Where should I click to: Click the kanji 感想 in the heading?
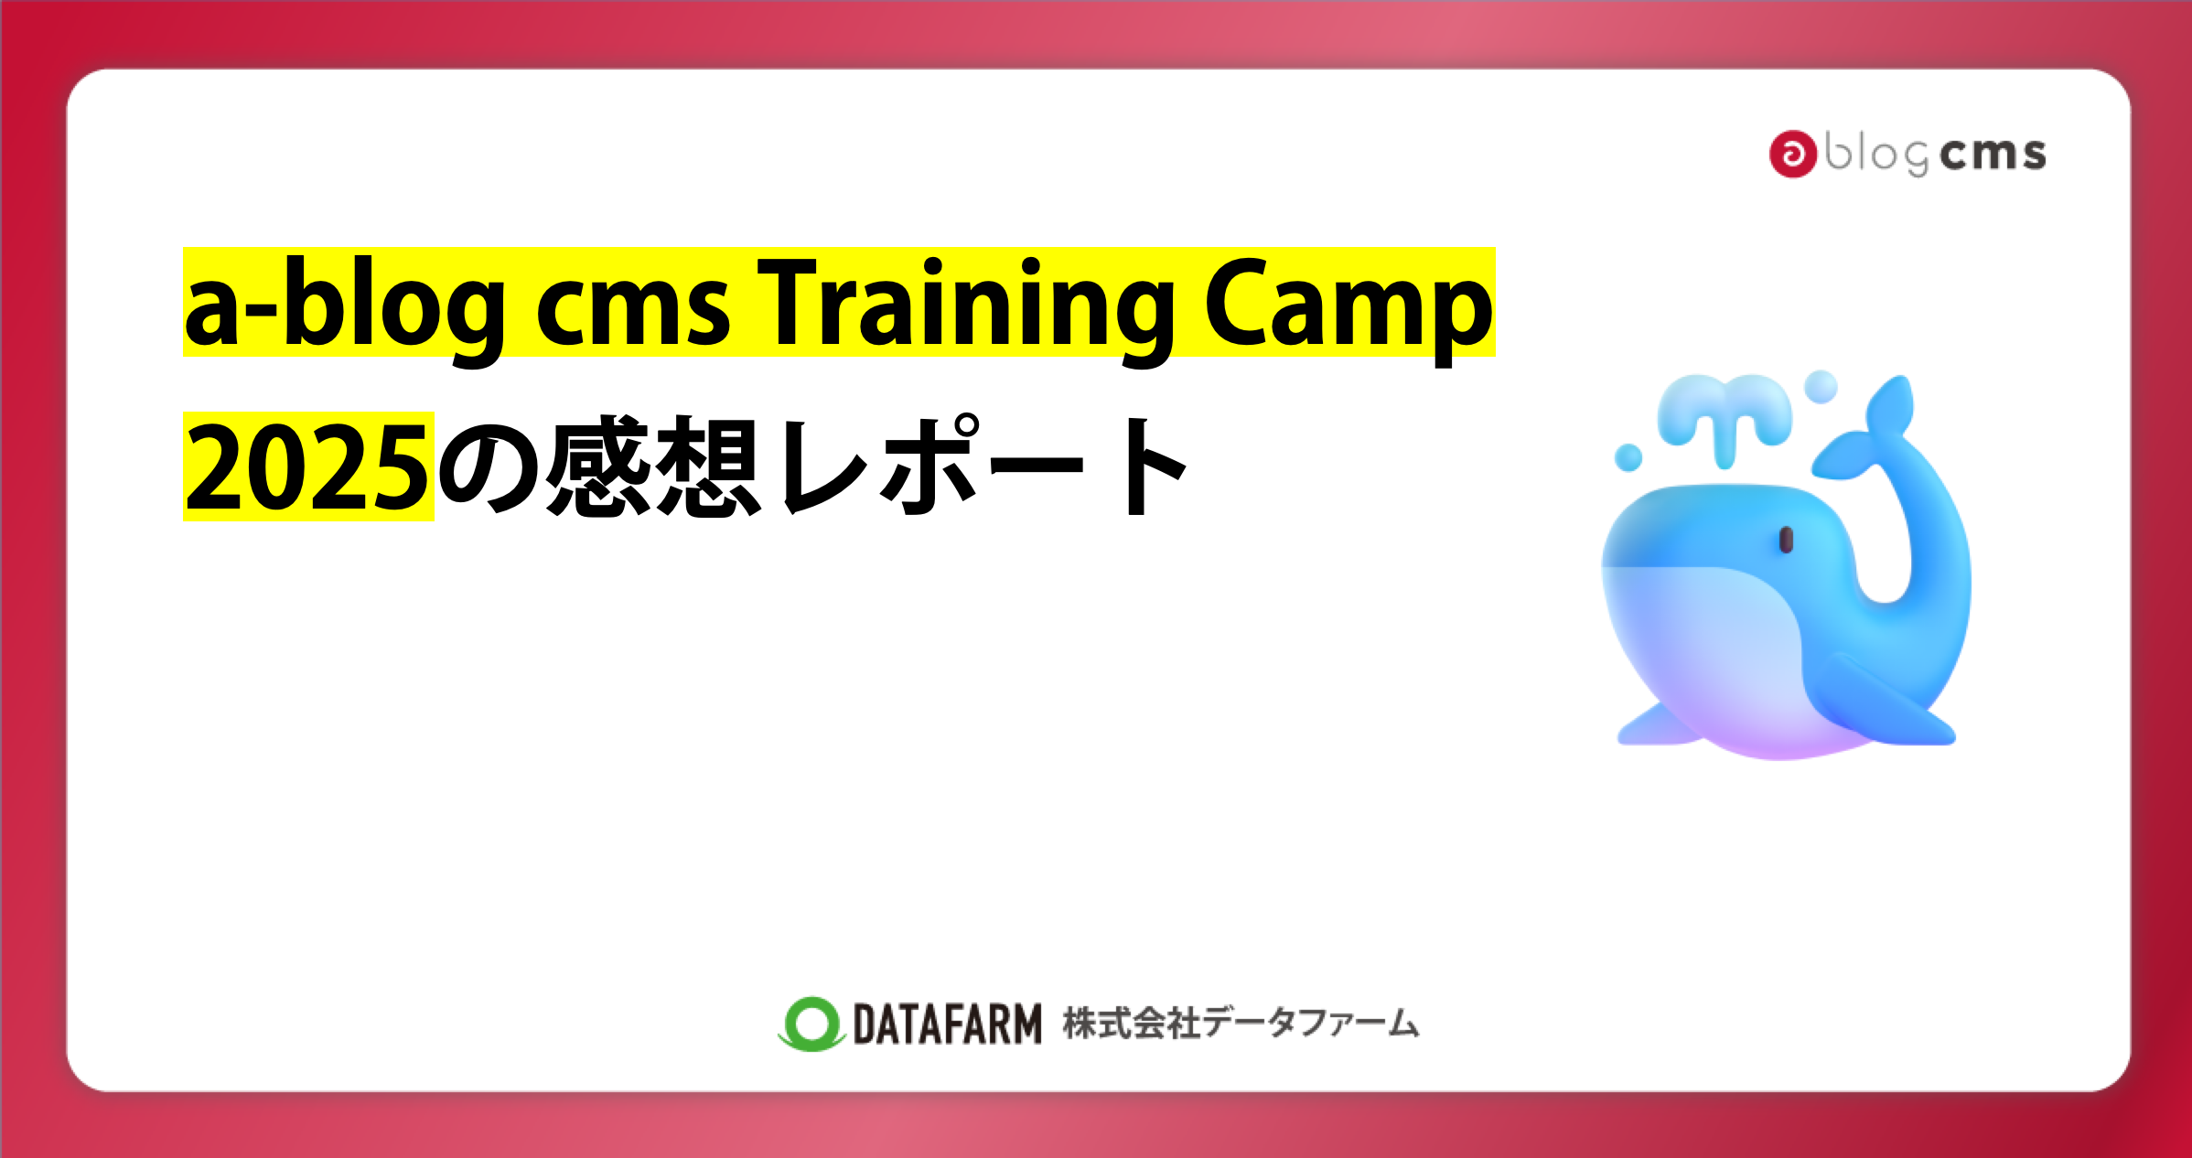click(x=654, y=466)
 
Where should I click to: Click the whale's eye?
click(x=1785, y=540)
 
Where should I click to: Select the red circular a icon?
click(x=1792, y=154)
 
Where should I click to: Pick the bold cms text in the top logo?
click(x=1993, y=154)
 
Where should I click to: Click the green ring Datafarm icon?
click(x=811, y=1023)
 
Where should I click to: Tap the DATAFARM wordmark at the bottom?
click(x=947, y=1024)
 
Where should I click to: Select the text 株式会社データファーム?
click(x=1241, y=1023)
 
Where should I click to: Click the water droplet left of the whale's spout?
click(x=1628, y=456)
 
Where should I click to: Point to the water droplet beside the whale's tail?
click(x=1821, y=386)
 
